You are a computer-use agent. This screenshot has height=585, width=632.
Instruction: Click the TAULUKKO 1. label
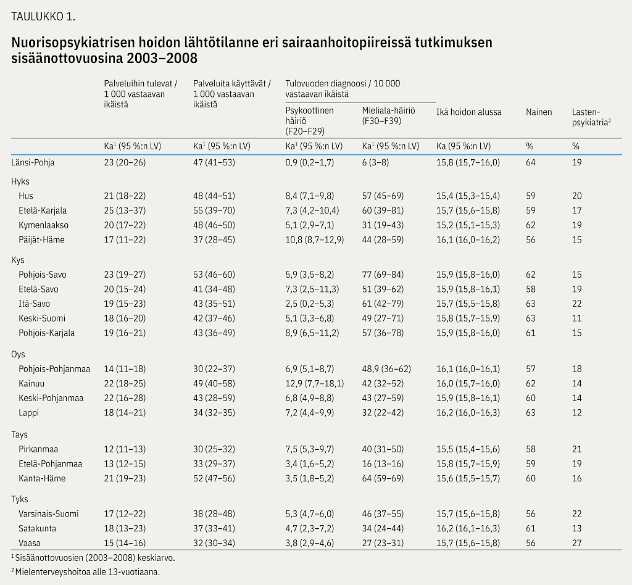coord(43,17)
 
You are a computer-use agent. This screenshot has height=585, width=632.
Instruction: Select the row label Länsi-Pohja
coord(33,162)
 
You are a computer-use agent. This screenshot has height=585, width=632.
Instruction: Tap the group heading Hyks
coord(20,181)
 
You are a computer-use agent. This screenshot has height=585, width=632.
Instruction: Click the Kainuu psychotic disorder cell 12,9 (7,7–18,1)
coord(314,384)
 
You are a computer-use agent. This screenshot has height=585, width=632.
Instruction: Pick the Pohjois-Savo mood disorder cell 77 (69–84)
coord(383,275)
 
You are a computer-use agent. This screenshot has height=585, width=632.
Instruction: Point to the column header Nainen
coord(538,112)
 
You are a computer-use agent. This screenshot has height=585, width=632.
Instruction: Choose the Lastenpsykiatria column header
coord(591,117)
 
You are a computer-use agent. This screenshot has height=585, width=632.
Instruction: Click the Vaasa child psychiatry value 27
coord(577,543)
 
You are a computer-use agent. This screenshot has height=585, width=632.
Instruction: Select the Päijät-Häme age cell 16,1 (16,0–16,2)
coord(468,239)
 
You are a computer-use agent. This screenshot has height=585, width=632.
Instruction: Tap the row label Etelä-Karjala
coord(43,210)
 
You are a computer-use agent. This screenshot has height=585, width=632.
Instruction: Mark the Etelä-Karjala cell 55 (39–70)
coord(214,210)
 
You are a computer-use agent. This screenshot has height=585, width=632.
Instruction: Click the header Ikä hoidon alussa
coord(469,112)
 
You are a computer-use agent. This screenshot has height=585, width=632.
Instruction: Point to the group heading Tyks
coord(20,499)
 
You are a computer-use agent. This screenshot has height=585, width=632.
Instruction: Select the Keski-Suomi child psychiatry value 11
coord(577,318)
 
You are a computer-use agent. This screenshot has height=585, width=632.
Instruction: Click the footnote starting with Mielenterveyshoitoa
coord(85,571)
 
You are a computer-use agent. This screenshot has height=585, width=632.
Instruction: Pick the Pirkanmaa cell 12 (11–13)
coord(125,449)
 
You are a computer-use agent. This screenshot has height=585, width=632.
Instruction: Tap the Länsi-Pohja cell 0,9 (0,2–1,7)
coord(310,162)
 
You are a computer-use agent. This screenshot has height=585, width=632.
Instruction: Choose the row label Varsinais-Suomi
coord(48,514)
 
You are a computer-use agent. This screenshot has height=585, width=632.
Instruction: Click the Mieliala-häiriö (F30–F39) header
coord(389,115)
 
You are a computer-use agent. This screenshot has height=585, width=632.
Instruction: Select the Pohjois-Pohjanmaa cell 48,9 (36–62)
coord(386,369)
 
